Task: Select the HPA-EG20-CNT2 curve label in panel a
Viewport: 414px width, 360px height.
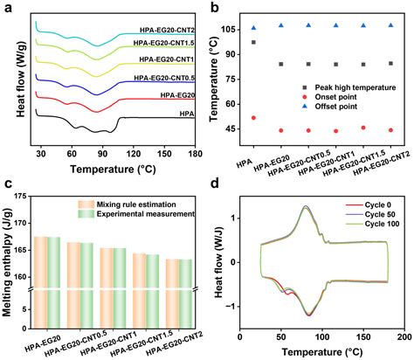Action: (165, 27)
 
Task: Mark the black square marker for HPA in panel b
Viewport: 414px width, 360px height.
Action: (254, 42)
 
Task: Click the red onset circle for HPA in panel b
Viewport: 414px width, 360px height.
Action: (254, 118)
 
